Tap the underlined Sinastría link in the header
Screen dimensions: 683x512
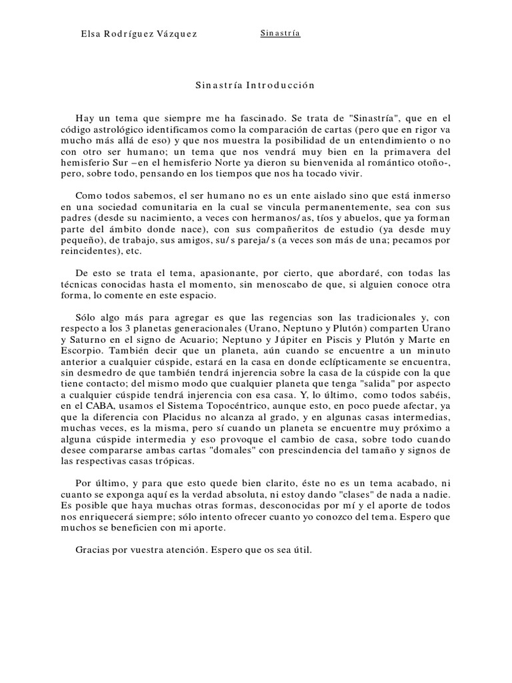pos(280,33)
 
